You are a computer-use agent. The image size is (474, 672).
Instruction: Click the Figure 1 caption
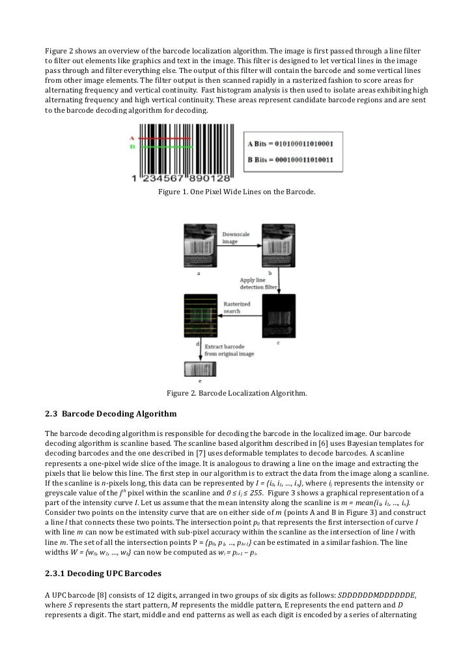pos(236,192)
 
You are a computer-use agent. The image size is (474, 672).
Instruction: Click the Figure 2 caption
pos(236,393)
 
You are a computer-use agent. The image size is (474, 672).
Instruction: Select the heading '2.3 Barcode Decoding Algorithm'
pos(110,413)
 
